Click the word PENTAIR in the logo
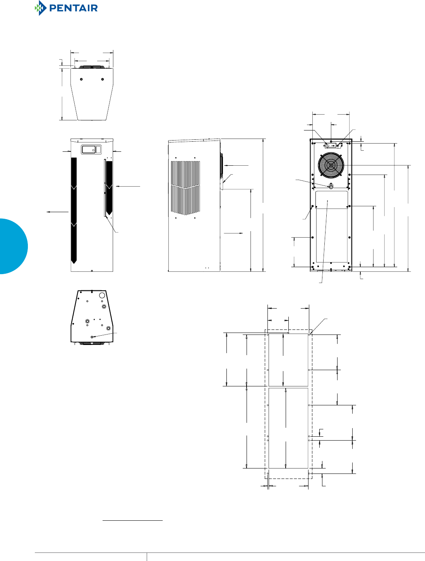[x=74, y=8]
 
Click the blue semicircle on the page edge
[x=13, y=246]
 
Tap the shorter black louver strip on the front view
[x=109, y=187]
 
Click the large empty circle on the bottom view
[x=103, y=296]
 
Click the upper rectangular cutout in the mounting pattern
[x=288, y=360]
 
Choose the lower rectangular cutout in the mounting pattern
[x=288, y=428]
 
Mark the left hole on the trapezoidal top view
[x=81, y=79]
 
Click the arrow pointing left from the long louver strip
[x=57, y=212]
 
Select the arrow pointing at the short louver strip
[x=128, y=187]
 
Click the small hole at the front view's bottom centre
[x=92, y=271]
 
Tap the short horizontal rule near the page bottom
[x=132, y=521]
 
